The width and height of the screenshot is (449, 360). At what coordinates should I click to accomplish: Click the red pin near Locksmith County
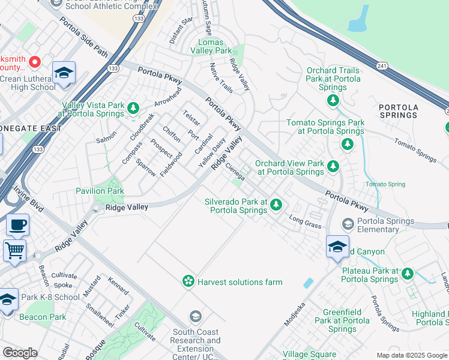tap(35, 61)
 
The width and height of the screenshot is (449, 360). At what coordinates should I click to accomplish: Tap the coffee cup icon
tap(17, 225)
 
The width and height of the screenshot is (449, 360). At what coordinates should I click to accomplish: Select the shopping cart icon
tap(14, 250)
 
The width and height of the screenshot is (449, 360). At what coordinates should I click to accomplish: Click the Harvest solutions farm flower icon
tap(188, 281)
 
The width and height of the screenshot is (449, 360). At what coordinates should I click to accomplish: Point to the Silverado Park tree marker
tap(276, 205)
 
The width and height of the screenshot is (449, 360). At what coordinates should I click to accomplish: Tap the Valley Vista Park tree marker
tap(133, 109)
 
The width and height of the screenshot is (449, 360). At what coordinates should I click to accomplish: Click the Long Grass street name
tap(305, 222)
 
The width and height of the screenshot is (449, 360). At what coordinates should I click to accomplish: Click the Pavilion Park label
tap(100, 191)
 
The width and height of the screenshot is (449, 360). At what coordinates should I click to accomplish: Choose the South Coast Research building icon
tap(195, 316)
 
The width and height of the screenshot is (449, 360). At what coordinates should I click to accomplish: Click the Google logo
tap(20, 353)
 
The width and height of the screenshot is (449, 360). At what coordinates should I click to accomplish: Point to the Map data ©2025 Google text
tap(411, 355)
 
